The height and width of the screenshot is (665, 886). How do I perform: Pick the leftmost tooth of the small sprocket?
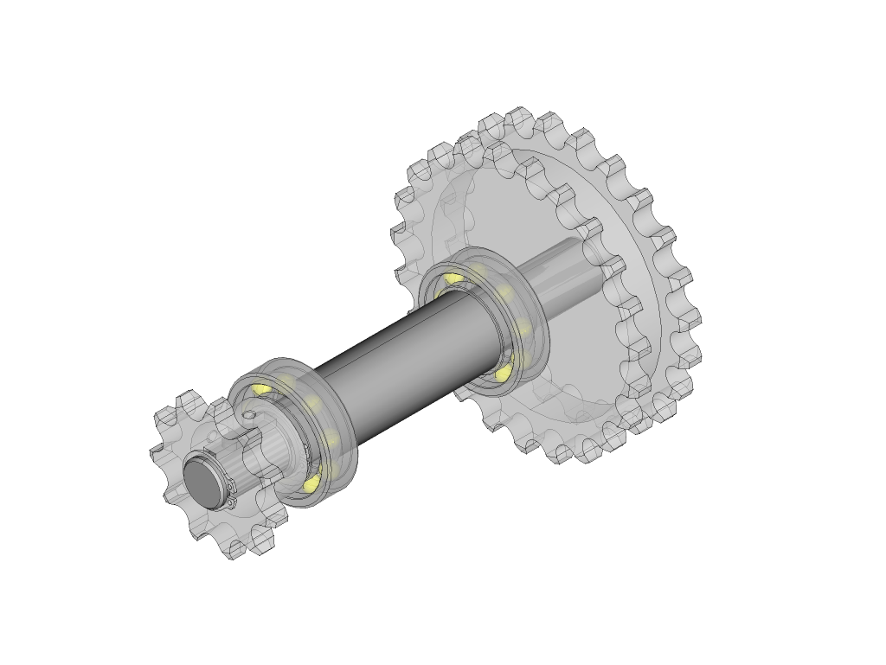(x=158, y=453)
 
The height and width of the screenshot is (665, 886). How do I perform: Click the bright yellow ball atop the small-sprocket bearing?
(x=260, y=390)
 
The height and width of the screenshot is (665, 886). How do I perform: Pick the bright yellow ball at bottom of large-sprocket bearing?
(x=503, y=373)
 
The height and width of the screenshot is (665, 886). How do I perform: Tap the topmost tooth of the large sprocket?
(x=519, y=117)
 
